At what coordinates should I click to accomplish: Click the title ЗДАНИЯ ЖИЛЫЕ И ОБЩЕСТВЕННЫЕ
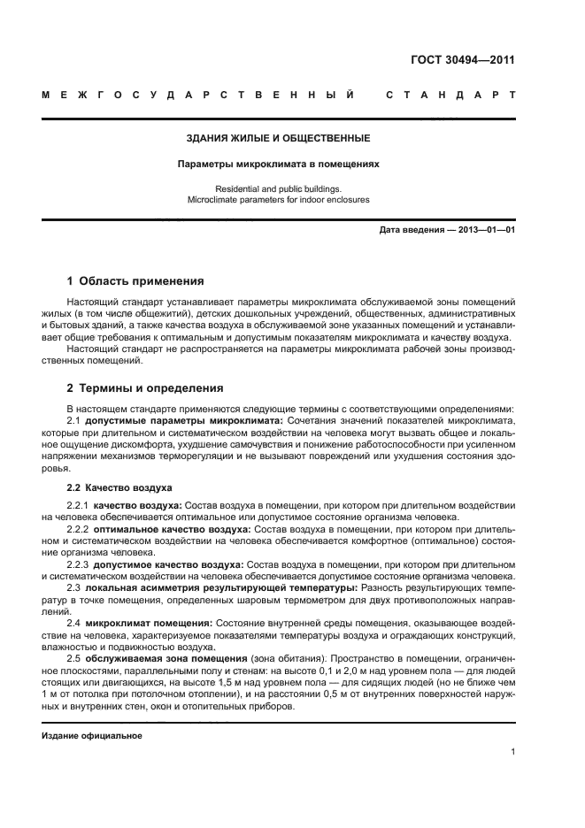pyautogui.click(x=278, y=138)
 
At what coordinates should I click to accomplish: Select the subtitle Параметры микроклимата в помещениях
pyautogui.click(x=278, y=164)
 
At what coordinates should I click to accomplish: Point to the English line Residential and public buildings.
pyautogui.click(x=278, y=188)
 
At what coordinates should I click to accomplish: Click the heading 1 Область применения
pyautogui.click(x=135, y=281)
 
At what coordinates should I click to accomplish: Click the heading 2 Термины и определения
pyautogui.click(x=145, y=388)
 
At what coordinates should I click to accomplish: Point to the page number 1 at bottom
pyautogui.click(x=512, y=752)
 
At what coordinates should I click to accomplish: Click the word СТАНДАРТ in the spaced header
pyautogui.click(x=450, y=95)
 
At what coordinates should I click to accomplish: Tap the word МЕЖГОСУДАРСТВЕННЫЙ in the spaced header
pyautogui.click(x=199, y=95)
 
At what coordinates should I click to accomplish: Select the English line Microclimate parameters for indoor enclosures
pyautogui.click(x=278, y=200)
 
